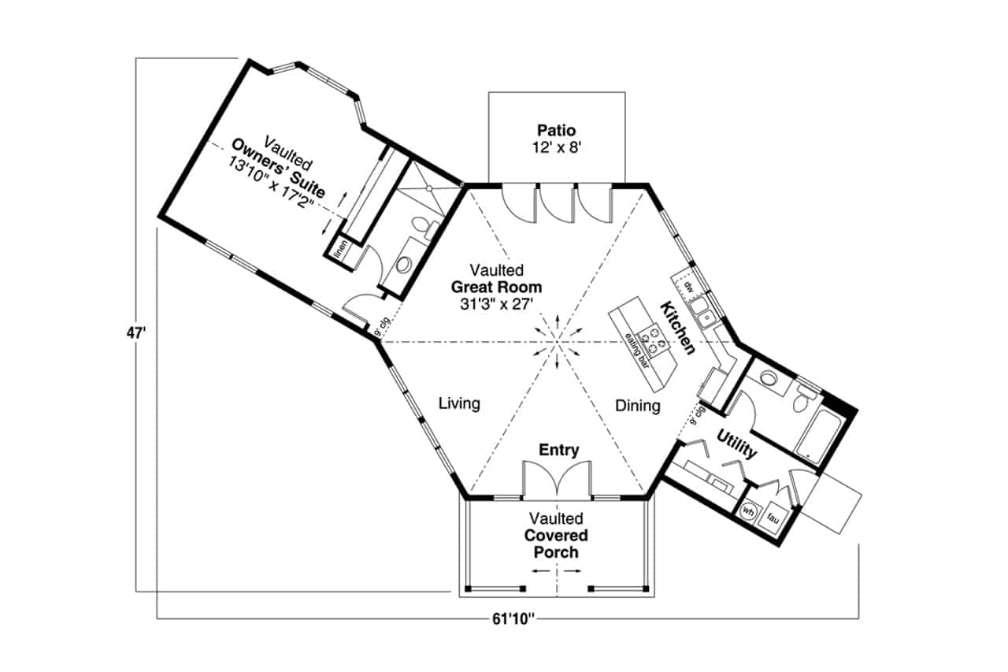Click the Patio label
point(557,130)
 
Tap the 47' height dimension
point(135,333)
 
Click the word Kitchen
point(676,328)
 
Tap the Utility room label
point(737,445)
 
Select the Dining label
point(638,406)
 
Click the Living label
point(459,404)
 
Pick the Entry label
point(558,450)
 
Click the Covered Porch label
point(556,544)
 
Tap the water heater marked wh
point(748,511)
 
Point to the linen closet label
point(341,249)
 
